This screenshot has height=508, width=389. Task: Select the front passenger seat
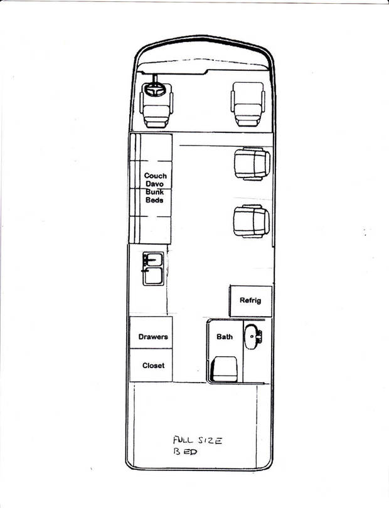point(248,104)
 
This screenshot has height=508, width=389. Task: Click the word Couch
point(155,176)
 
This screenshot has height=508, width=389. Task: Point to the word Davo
point(154,184)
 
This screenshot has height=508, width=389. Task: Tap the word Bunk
point(154,192)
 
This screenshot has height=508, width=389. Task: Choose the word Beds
point(154,200)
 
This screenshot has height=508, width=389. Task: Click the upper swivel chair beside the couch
point(252,164)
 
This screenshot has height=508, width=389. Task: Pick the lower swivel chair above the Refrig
point(252,221)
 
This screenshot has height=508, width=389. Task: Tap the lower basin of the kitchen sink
point(154,276)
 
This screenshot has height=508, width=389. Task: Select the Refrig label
point(250,300)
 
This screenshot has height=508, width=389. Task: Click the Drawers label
point(153,337)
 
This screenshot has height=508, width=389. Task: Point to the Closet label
point(153,366)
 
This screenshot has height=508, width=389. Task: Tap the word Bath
point(225,337)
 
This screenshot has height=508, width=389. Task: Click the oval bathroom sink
point(252,337)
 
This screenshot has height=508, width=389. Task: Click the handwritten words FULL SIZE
point(198,440)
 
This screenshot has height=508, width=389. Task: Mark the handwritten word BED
point(185,452)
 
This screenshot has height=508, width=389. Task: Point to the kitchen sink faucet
point(145,264)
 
